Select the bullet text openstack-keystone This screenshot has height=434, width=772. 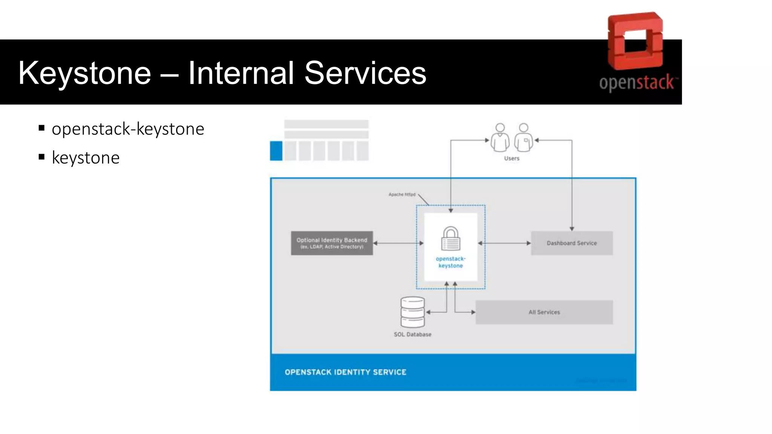[128, 129]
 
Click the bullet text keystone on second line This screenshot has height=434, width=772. [86, 158]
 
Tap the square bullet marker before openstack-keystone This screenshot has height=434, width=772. [41, 128]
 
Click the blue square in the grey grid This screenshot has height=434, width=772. [276, 151]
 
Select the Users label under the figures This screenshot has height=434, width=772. [512, 159]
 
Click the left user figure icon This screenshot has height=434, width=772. [500, 138]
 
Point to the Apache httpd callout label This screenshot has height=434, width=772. [402, 194]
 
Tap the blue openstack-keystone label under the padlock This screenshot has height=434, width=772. [450, 262]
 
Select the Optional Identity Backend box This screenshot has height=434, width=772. [332, 243]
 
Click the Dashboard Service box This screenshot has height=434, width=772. [571, 243]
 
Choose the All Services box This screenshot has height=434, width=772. [544, 312]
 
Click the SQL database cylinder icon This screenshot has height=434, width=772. [412, 312]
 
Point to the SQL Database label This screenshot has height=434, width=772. [412, 335]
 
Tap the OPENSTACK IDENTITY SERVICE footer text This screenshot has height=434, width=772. [345, 372]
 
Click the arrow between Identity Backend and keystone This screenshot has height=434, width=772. [398, 243]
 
